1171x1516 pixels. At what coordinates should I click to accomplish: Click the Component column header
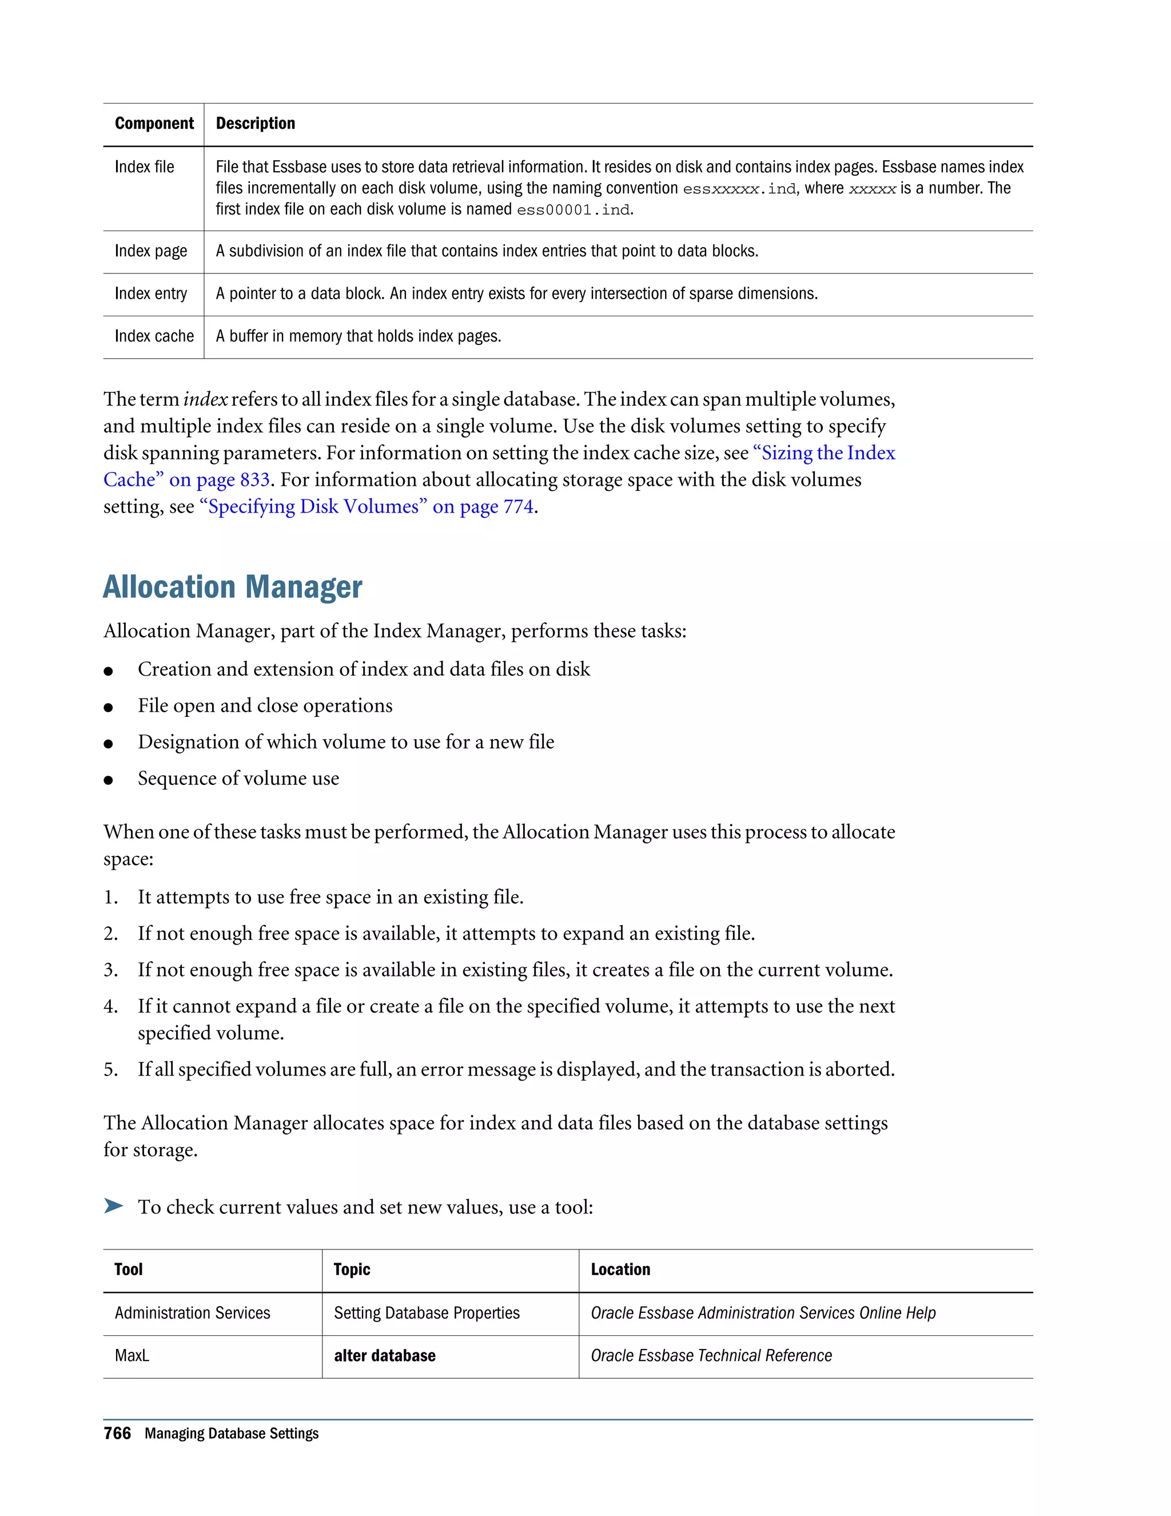(154, 124)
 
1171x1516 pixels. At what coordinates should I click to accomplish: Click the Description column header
(255, 124)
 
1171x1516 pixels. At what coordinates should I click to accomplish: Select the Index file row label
(144, 166)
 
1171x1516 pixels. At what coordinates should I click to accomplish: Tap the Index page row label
(150, 251)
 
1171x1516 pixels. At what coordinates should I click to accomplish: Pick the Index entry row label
(150, 293)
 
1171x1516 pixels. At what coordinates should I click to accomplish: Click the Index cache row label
(154, 336)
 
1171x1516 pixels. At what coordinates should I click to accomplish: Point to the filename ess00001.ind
(573, 209)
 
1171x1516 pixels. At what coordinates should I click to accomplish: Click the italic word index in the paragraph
(205, 400)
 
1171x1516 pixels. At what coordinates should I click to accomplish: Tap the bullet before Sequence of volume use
(108, 780)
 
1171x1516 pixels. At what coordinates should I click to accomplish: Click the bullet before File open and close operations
(108, 707)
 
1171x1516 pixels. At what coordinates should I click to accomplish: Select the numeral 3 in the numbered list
(110, 970)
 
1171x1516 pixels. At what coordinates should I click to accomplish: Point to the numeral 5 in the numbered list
(110, 1070)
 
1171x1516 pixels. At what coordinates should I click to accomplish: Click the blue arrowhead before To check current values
(113, 1206)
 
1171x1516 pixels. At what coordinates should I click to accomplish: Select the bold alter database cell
(384, 1356)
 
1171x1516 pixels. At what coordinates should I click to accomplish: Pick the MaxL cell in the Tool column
(132, 1356)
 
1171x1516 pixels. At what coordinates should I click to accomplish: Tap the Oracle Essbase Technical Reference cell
(711, 1356)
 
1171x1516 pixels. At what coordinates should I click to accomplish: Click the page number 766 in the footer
(117, 1434)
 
